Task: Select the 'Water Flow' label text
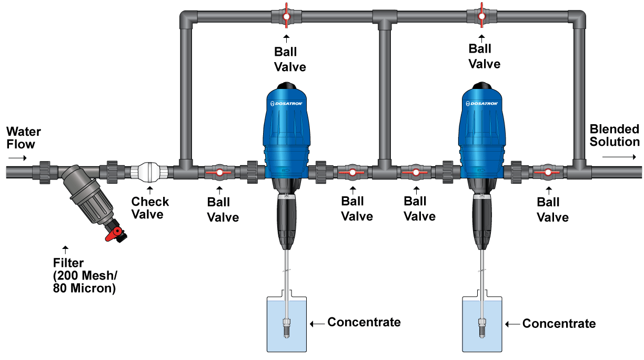click(x=24, y=137)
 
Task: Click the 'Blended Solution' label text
click(x=615, y=135)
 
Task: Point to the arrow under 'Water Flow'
click(x=16, y=157)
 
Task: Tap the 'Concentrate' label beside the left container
click(x=364, y=322)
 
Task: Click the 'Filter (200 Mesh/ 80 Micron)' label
click(x=84, y=275)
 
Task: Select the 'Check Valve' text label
click(x=150, y=207)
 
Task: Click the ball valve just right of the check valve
click(x=218, y=172)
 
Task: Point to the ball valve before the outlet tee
click(x=547, y=172)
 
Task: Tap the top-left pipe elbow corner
click(x=186, y=19)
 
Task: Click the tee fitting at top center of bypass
click(x=384, y=18)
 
